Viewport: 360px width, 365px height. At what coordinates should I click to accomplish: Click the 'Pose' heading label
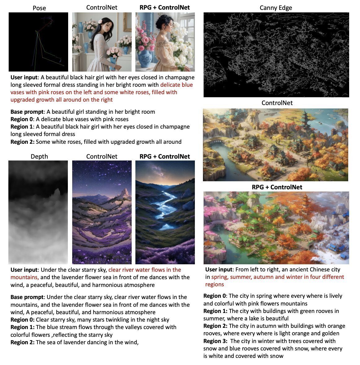click(x=39, y=8)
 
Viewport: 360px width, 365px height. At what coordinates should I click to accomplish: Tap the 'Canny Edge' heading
click(x=276, y=8)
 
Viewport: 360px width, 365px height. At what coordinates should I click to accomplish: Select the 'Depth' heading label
click(x=39, y=156)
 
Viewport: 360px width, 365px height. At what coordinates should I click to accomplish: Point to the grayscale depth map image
click(x=38, y=212)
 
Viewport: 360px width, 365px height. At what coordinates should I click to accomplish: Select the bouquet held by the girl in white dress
click(x=114, y=53)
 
